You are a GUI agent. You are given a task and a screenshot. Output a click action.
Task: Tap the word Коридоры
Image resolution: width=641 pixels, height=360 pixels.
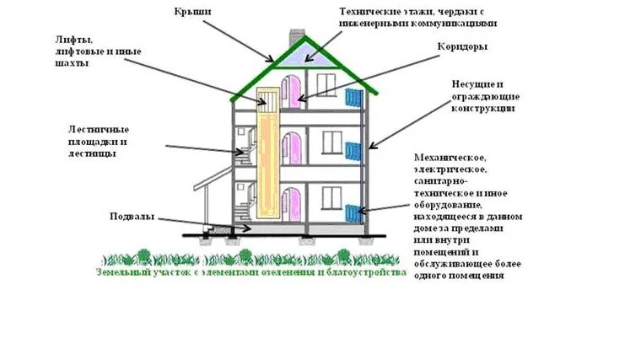461,47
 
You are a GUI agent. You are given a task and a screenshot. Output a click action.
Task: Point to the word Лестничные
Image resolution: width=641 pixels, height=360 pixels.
99,130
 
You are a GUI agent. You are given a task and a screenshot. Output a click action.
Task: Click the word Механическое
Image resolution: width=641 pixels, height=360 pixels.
450,158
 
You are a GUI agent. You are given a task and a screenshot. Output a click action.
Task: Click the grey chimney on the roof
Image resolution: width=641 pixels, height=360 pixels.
296,40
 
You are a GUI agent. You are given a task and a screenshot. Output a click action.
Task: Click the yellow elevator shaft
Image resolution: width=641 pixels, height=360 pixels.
269,156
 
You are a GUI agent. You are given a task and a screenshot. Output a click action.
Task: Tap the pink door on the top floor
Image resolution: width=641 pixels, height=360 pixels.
291,89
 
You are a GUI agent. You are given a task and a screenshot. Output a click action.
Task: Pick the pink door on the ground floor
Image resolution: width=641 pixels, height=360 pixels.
291,204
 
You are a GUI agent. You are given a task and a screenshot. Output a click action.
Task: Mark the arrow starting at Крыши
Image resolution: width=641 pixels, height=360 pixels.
241,40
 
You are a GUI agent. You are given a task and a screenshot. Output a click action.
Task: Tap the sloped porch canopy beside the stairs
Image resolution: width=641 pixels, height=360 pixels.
211,175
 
